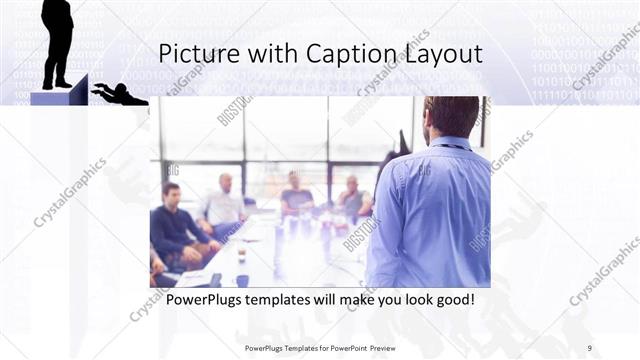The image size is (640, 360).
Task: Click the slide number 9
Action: coord(589,347)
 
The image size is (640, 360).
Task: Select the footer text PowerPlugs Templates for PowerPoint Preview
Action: coord(320,347)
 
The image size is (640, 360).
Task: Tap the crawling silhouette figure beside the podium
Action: coord(118,95)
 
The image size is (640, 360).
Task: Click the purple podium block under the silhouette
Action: coord(58,97)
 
